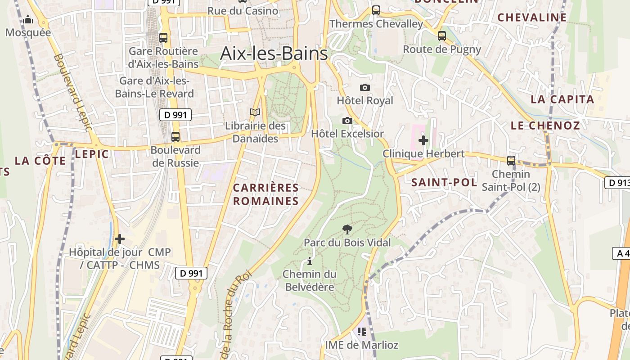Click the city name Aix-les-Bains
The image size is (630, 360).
pos(274,54)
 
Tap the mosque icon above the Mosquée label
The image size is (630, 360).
pos(28,19)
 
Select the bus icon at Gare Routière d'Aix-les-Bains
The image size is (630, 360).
pos(163,38)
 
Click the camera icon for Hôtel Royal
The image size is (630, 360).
pos(365,87)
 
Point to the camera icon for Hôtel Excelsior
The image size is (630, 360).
pos(347,121)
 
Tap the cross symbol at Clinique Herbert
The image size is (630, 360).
pos(423,140)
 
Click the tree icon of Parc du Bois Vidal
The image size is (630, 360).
pos(347,229)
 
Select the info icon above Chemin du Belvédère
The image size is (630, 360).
pos(310,261)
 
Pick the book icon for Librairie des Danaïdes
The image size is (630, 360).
pos(255,112)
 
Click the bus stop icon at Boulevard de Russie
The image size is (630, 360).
pos(175,137)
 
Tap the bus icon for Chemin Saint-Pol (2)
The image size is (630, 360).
pos(511,160)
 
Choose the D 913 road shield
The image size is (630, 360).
pos(617,183)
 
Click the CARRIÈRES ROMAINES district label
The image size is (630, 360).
pos(266,194)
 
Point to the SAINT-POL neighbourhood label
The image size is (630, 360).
pos(444,182)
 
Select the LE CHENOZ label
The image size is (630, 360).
pos(545,126)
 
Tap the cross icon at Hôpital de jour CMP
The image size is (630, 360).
pos(120,239)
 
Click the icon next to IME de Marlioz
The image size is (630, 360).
pos(361,332)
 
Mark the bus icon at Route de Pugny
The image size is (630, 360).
pos(442,36)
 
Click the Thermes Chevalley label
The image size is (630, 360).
pos(376,24)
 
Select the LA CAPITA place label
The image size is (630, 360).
pos(562,99)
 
